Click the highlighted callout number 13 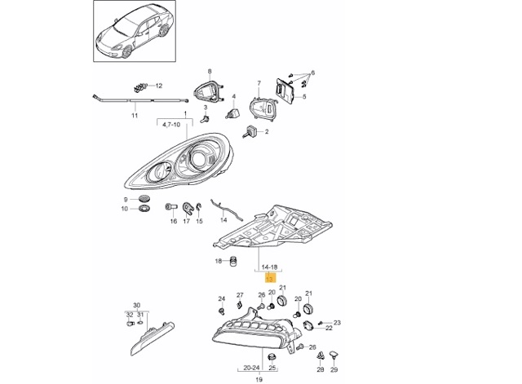[x=269, y=278]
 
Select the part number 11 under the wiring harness [x=135, y=116]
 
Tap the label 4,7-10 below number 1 [x=171, y=125]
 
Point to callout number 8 [x=210, y=71]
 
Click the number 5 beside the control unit [x=304, y=97]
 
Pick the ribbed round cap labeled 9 [x=144, y=198]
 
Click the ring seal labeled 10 [x=144, y=209]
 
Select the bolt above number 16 [x=170, y=207]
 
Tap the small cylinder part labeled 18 [x=233, y=262]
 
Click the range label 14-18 [x=269, y=267]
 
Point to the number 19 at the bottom [x=259, y=379]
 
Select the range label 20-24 [x=251, y=368]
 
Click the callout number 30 [x=137, y=305]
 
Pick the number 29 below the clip [x=334, y=369]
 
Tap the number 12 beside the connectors [x=159, y=86]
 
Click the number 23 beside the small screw [x=337, y=322]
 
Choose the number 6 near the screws [x=312, y=73]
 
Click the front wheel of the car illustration [x=127, y=52]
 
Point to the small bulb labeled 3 [x=206, y=117]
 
